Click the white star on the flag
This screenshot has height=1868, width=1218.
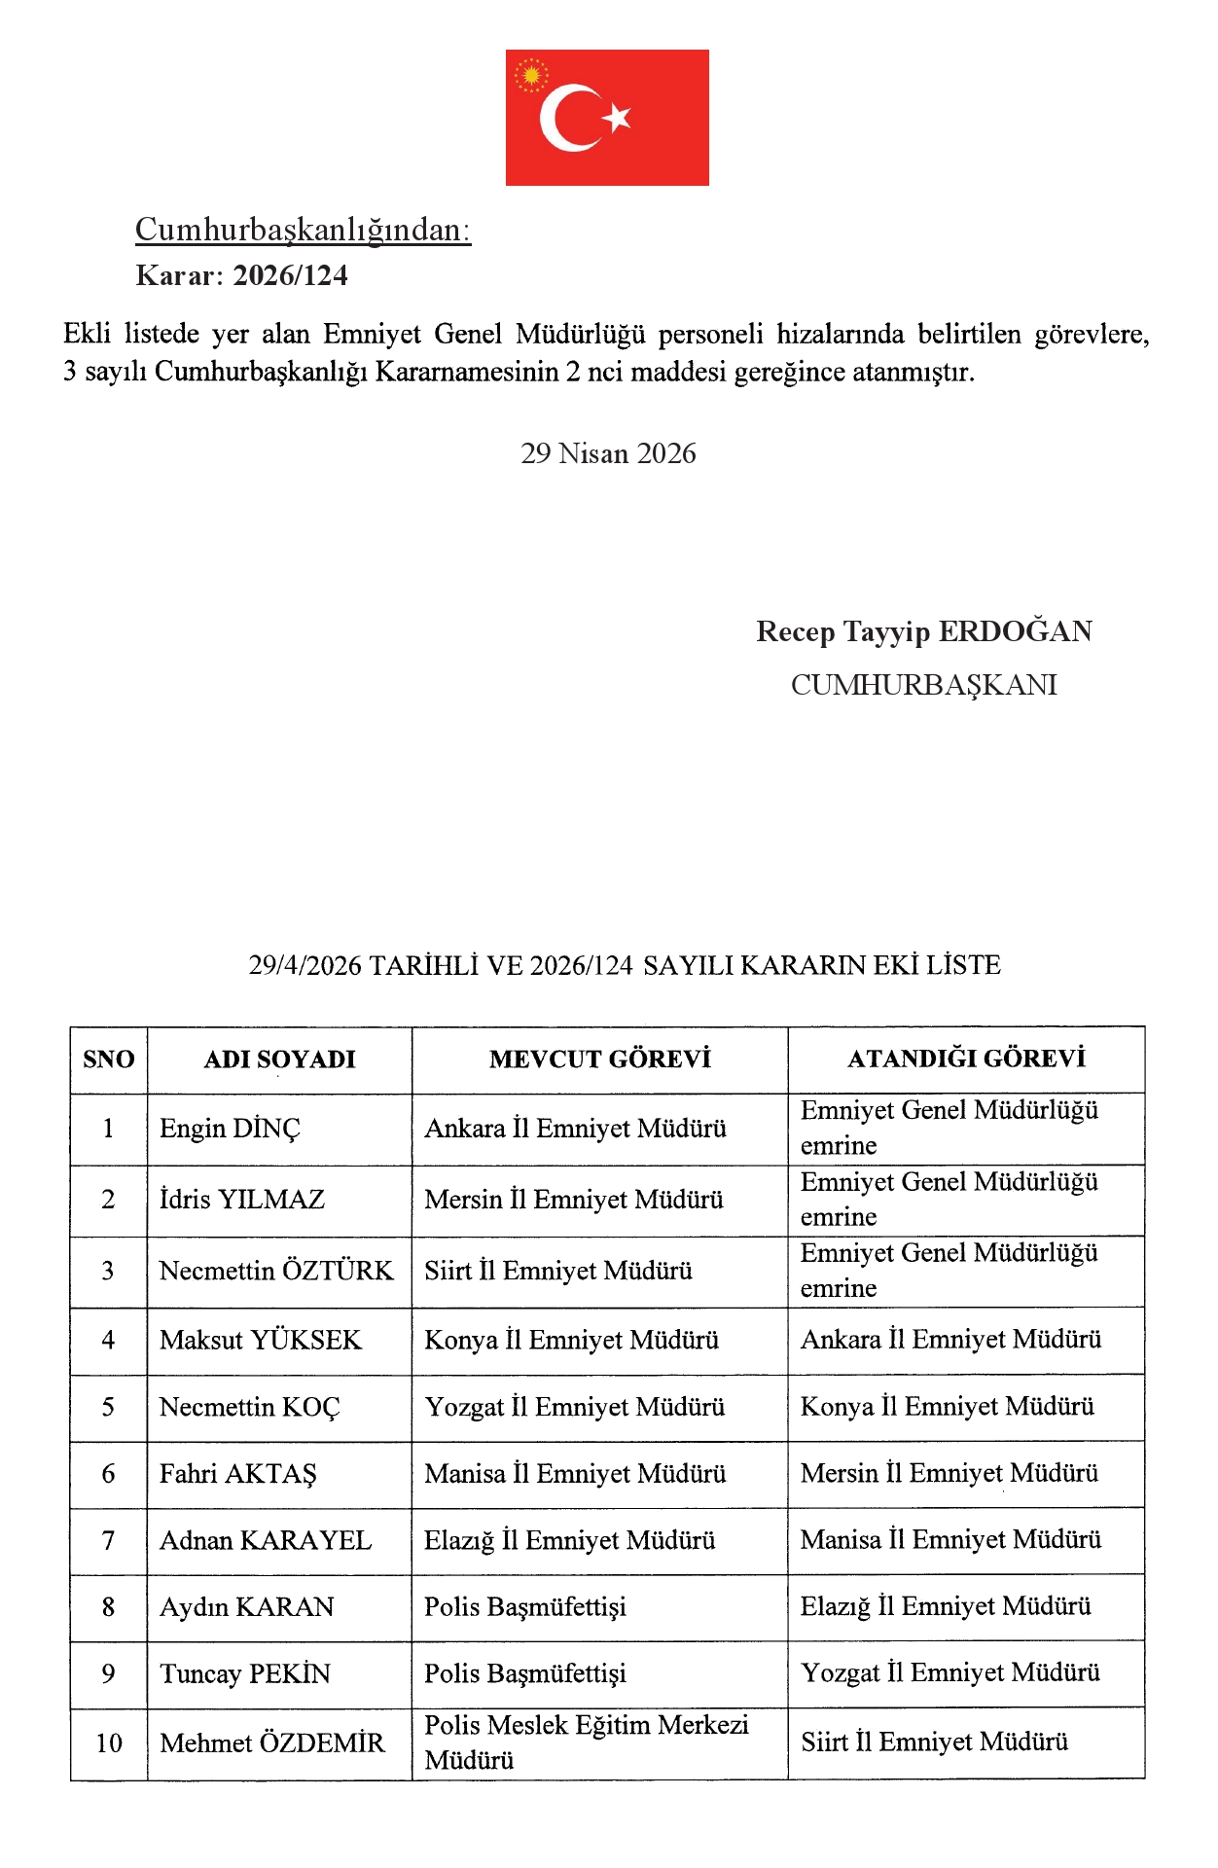pyautogui.click(x=617, y=118)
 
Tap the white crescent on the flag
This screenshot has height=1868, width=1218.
pyautogui.click(x=562, y=118)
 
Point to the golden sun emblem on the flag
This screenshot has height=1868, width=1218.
pyautogui.click(x=531, y=75)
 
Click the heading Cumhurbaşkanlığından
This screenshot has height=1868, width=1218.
pyautogui.click(x=303, y=230)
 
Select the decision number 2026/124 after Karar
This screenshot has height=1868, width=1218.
pyautogui.click(x=291, y=276)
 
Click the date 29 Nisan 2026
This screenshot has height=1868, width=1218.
pyautogui.click(x=608, y=453)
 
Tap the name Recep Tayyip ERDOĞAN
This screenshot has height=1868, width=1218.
pyautogui.click(x=923, y=631)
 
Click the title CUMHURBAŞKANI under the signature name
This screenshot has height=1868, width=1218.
pyautogui.click(x=923, y=685)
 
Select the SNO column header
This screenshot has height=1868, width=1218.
pyautogui.click(x=109, y=1060)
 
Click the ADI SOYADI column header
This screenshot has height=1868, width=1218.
pyautogui.click(x=279, y=1060)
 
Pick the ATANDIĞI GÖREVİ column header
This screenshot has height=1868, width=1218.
pyautogui.click(x=966, y=1059)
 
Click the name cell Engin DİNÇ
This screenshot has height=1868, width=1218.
pyautogui.click(x=231, y=1129)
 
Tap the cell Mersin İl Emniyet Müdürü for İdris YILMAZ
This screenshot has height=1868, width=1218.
pyautogui.click(x=574, y=1200)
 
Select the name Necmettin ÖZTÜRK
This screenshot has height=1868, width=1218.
pyautogui.click(x=276, y=1271)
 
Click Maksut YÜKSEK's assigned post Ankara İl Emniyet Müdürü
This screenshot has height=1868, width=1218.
pyautogui.click(x=950, y=1340)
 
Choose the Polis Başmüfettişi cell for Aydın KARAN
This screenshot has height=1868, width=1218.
pyautogui.click(x=525, y=1607)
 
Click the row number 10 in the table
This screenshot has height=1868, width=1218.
pyautogui.click(x=109, y=1743)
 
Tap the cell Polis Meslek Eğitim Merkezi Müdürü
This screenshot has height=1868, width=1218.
pyautogui.click(x=587, y=1742)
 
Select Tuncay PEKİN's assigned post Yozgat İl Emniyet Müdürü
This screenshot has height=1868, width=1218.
pyautogui.click(x=950, y=1673)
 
